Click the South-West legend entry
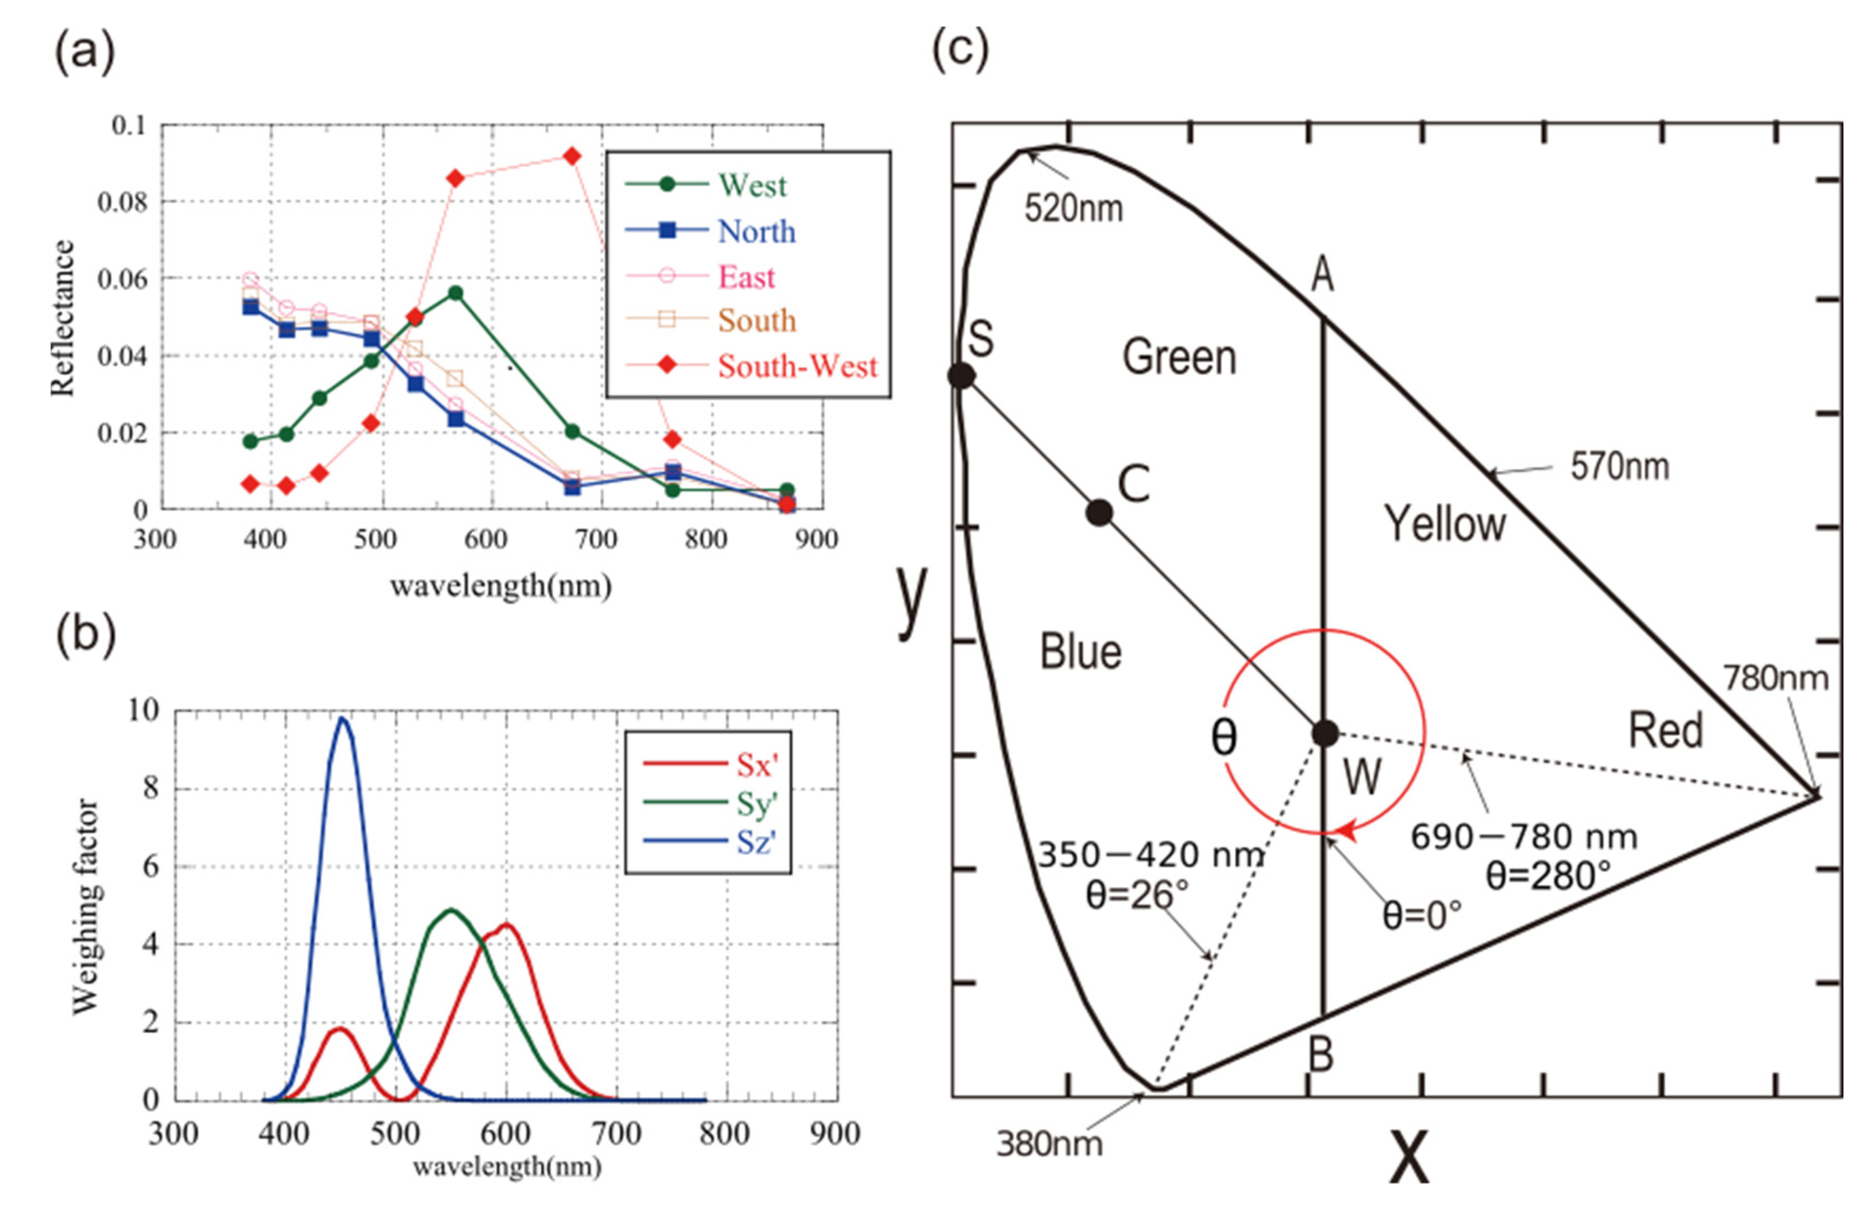pos(797,366)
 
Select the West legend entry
pos(752,185)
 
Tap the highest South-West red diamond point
pos(572,156)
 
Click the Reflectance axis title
pos(62,318)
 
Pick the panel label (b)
pos(85,635)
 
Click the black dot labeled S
pos(961,375)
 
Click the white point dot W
pos(1324,733)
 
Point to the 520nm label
pos(1073,208)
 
